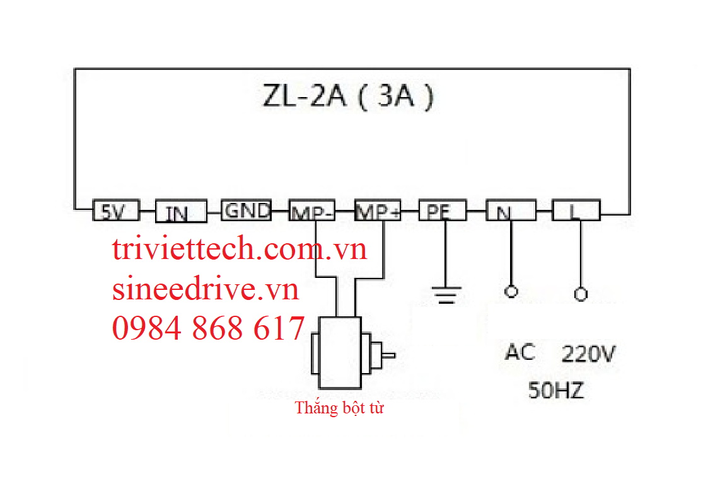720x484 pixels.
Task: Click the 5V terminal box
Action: click(115, 211)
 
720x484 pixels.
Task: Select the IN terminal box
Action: click(181, 212)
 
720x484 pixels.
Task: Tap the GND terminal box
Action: click(247, 210)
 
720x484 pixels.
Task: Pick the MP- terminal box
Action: click(312, 211)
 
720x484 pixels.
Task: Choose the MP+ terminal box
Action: click(378, 211)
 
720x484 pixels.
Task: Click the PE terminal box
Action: click(443, 211)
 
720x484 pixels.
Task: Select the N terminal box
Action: click(511, 210)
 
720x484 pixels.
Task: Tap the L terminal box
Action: click(576, 210)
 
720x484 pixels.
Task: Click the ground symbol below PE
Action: click(446, 295)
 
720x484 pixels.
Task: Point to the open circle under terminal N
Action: click(511, 292)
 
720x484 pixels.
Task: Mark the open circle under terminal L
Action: click(581, 294)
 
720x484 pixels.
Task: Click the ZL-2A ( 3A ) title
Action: click(347, 98)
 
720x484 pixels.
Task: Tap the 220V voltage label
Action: click(588, 355)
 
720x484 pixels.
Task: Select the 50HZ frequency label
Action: click(555, 391)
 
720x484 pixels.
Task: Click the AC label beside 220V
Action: click(520, 352)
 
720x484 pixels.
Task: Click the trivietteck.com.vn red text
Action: click(240, 250)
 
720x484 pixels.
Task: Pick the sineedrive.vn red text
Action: click(206, 289)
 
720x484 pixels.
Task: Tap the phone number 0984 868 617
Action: click(208, 328)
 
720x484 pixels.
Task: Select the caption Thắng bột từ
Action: click(339, 408)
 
